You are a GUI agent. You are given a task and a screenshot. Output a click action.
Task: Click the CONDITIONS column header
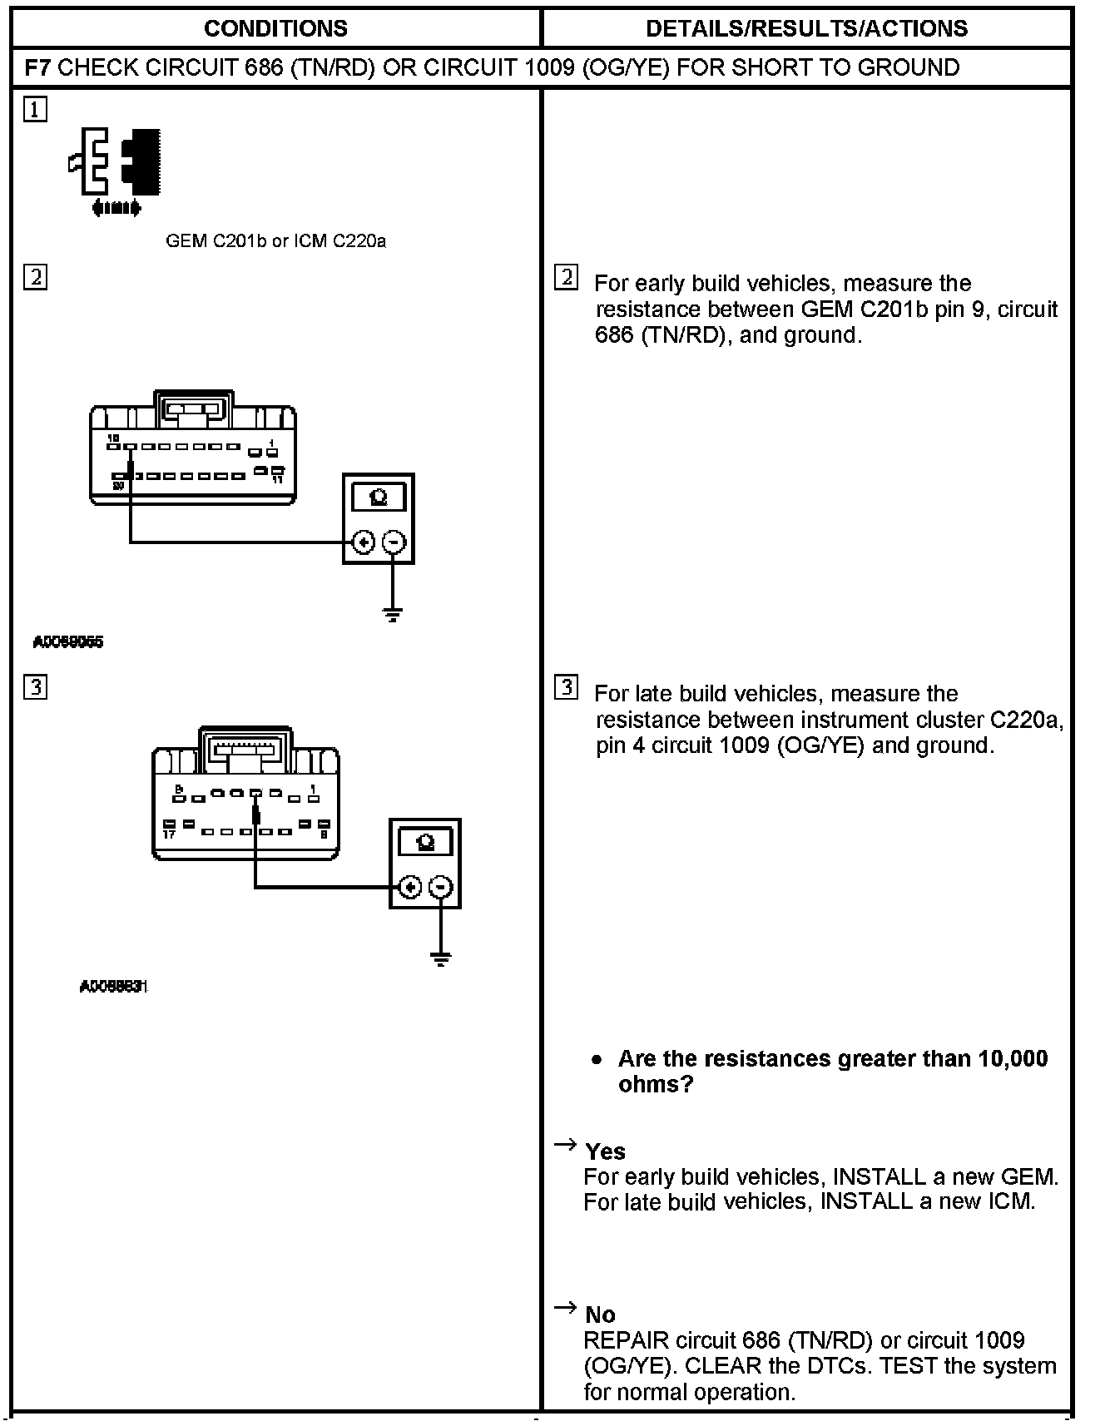tap(275, 28)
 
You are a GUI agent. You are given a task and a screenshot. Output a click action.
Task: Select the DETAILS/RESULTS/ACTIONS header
tap(806, 28)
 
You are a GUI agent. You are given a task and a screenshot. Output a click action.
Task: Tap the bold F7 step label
tap(38, 67)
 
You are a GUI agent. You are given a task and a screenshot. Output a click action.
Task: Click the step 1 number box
tap(36, 109)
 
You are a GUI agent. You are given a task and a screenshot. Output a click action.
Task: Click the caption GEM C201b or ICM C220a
tap(275, 241)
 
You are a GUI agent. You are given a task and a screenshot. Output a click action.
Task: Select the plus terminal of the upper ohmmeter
tap(363, 542)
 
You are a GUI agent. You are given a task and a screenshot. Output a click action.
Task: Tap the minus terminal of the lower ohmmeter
tap(441, 887)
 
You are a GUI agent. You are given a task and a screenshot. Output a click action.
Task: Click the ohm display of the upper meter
tap(379, 498)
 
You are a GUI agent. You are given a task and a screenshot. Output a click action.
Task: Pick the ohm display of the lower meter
tap(425, 842)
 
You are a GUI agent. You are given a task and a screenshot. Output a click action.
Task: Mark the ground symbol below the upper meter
tap(394, 615)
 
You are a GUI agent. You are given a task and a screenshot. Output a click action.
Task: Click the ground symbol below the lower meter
tap(441, 959)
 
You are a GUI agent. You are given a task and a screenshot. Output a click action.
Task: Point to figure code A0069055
tap(68, 642)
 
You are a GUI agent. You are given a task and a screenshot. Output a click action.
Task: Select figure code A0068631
tap(114, 987)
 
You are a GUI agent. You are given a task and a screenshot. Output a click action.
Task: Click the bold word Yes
tap(605, 1151)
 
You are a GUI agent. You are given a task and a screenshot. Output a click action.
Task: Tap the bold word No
tap(600, 1315)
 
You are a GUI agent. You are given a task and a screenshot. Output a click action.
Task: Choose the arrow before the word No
tap(566, 1308)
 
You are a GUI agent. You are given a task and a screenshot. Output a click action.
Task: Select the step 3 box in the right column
tap(566, 687)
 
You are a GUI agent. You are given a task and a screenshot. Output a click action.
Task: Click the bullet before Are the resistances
tap(596, 1060)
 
